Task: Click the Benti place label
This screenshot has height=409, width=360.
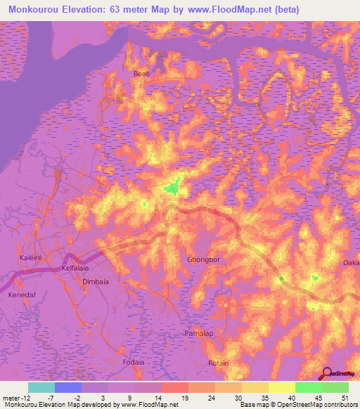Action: click(142, 73)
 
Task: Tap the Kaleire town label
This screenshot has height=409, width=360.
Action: click(31, 258)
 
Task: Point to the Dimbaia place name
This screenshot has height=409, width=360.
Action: click(96, 281)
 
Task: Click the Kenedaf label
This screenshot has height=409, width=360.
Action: click(21, 295)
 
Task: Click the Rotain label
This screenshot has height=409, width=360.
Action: click(219, 363)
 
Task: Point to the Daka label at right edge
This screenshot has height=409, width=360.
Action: click(351, 263)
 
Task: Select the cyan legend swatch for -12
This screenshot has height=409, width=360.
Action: click(41, 387)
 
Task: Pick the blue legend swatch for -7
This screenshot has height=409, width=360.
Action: click(68, 387)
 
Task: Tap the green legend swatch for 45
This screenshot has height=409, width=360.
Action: click(308, 387)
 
